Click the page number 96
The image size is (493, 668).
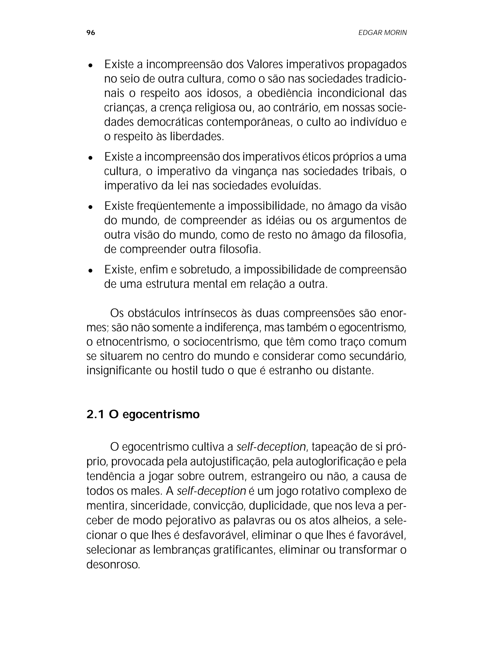[91, 33]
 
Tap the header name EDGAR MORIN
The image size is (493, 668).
[382, 33]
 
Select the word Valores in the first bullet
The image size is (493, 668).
[266, 64]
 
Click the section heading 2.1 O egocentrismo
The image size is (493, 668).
[143, 414]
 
